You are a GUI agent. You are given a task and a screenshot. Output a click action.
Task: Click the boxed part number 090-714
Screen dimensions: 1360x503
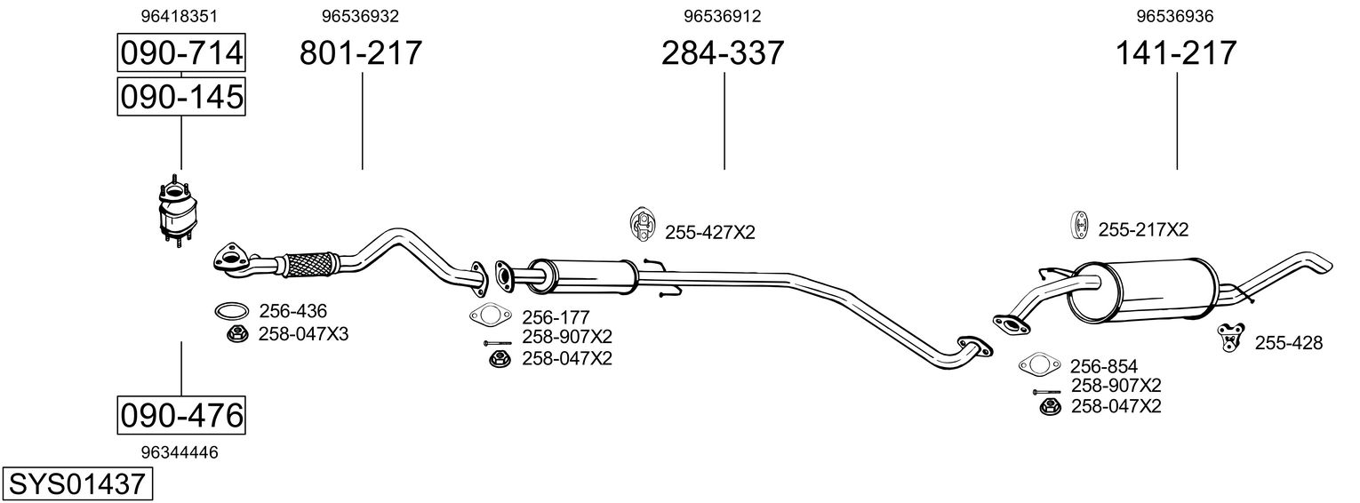pyautogui.click(x=181, y=53)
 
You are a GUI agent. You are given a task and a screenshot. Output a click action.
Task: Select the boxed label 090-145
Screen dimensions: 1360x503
pyautogui.click(x=181, y=96)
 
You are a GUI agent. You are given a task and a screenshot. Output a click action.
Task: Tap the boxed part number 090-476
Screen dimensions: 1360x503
pyautogui.click(x=181, y=415)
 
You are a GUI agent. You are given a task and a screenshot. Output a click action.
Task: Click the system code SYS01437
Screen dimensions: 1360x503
pyautogui.click(x=76, y=484)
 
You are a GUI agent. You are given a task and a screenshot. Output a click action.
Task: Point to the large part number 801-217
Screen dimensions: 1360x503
pyautogui.click(x=361, y=53)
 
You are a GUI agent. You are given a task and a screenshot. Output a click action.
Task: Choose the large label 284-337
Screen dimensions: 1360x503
pyautogui.click(x=723, y=53)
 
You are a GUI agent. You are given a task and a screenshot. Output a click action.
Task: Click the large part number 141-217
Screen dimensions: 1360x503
pyautogui.click(x=1176, y=53)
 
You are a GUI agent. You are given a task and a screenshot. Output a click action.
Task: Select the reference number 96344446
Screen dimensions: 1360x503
pyautogui.click(x=180, y=452)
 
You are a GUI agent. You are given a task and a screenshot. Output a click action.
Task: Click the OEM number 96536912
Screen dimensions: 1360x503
pyautogui.click(x=723, y=16)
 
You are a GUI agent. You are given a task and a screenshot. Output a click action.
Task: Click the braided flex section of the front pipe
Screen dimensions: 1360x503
pyautogui.click(x=308, y=264)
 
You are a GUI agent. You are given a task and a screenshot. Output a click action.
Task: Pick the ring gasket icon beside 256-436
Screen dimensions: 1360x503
pyautogui.click(x=231, y=311)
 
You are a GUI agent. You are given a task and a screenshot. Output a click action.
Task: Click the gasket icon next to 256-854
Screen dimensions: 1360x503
pyautogui.click(x=1037, y=364)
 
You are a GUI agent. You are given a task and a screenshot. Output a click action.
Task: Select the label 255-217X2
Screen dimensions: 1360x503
pyautogui.click(x=1143, y=229)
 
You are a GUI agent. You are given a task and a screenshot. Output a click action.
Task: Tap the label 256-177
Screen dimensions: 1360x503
pyautogui.click(x=556, y=317)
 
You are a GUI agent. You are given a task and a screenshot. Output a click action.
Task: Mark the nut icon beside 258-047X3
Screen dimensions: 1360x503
pyautogui.click(x=236, y=334)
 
